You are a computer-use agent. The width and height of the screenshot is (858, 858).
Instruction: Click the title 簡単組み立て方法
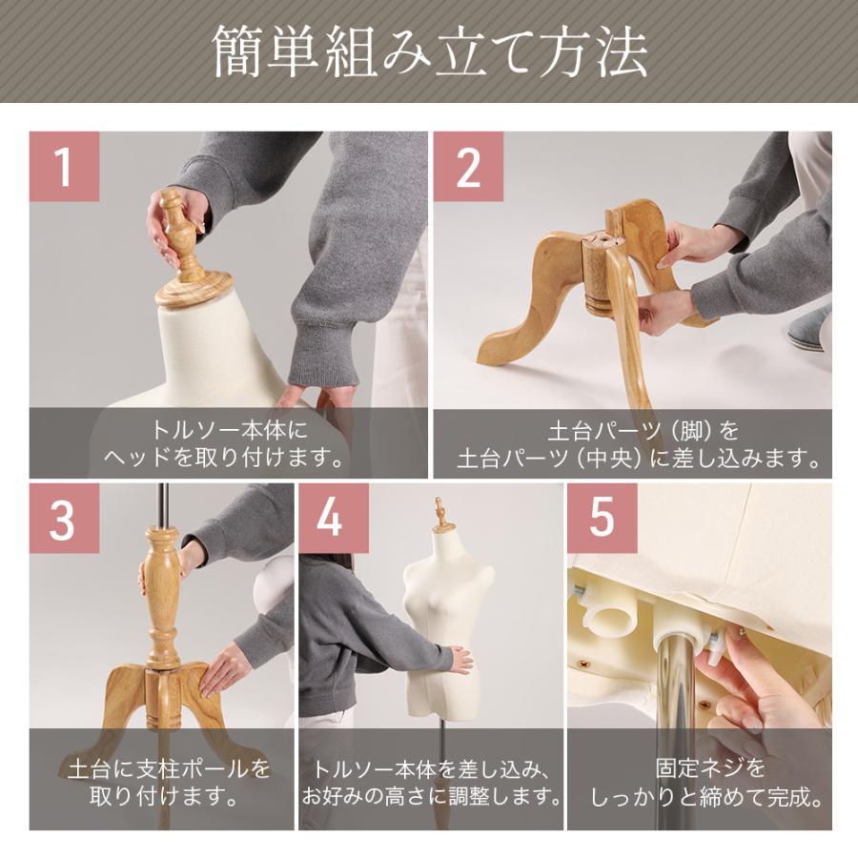click(429, 52)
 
